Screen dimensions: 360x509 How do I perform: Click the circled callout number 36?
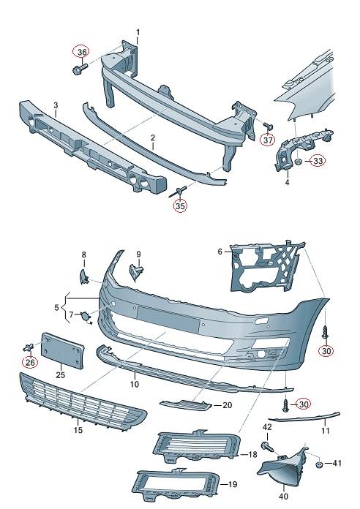click(82, 52)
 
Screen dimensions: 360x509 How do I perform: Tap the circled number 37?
click(268, 140)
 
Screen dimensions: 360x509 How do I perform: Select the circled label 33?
click(318, 161)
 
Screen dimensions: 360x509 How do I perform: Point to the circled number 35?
click(180, 206)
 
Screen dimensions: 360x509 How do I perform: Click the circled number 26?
click(30, 361)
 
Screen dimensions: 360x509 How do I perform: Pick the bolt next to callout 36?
click(78, 69)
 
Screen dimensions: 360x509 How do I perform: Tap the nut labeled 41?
click(319, 464)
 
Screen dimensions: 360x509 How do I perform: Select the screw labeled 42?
click(266, 445)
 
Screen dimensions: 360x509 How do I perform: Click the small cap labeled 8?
click(84, 276)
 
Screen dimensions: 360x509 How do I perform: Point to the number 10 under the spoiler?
click(134, 384)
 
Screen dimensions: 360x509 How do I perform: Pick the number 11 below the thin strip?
click(326, 431)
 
